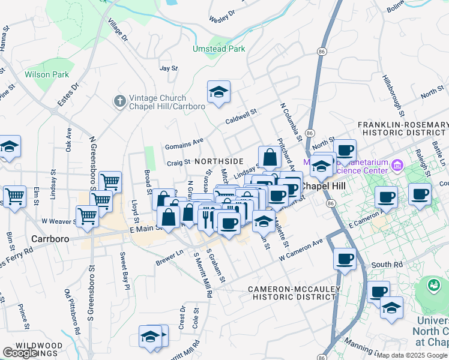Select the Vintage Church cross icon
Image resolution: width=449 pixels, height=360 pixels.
coord(119,101)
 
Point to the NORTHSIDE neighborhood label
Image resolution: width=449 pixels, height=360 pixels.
coord(219,161)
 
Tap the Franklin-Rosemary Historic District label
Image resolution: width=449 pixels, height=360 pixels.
coord(403,128)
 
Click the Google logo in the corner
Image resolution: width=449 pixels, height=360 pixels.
coord(20,353)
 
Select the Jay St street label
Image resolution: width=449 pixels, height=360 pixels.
coord(169,68)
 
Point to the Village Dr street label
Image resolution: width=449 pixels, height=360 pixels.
coord(118,29)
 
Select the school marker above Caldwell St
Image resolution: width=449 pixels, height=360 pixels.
coord(218,92)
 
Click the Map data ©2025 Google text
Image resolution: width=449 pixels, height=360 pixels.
coord(411,355)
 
